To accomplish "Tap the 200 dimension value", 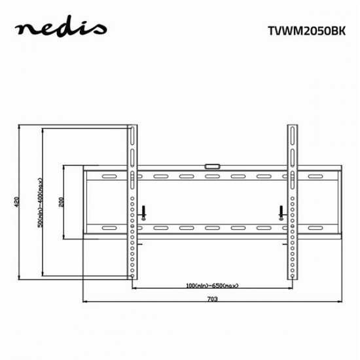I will coord(61,202).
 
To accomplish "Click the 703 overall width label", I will coord(212,299).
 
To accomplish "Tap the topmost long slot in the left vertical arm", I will coord(133,137).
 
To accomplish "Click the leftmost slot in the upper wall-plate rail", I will coord(106,177).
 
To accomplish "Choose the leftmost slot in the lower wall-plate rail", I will coord(106,228).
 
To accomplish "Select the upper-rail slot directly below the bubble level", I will coord(211,177).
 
